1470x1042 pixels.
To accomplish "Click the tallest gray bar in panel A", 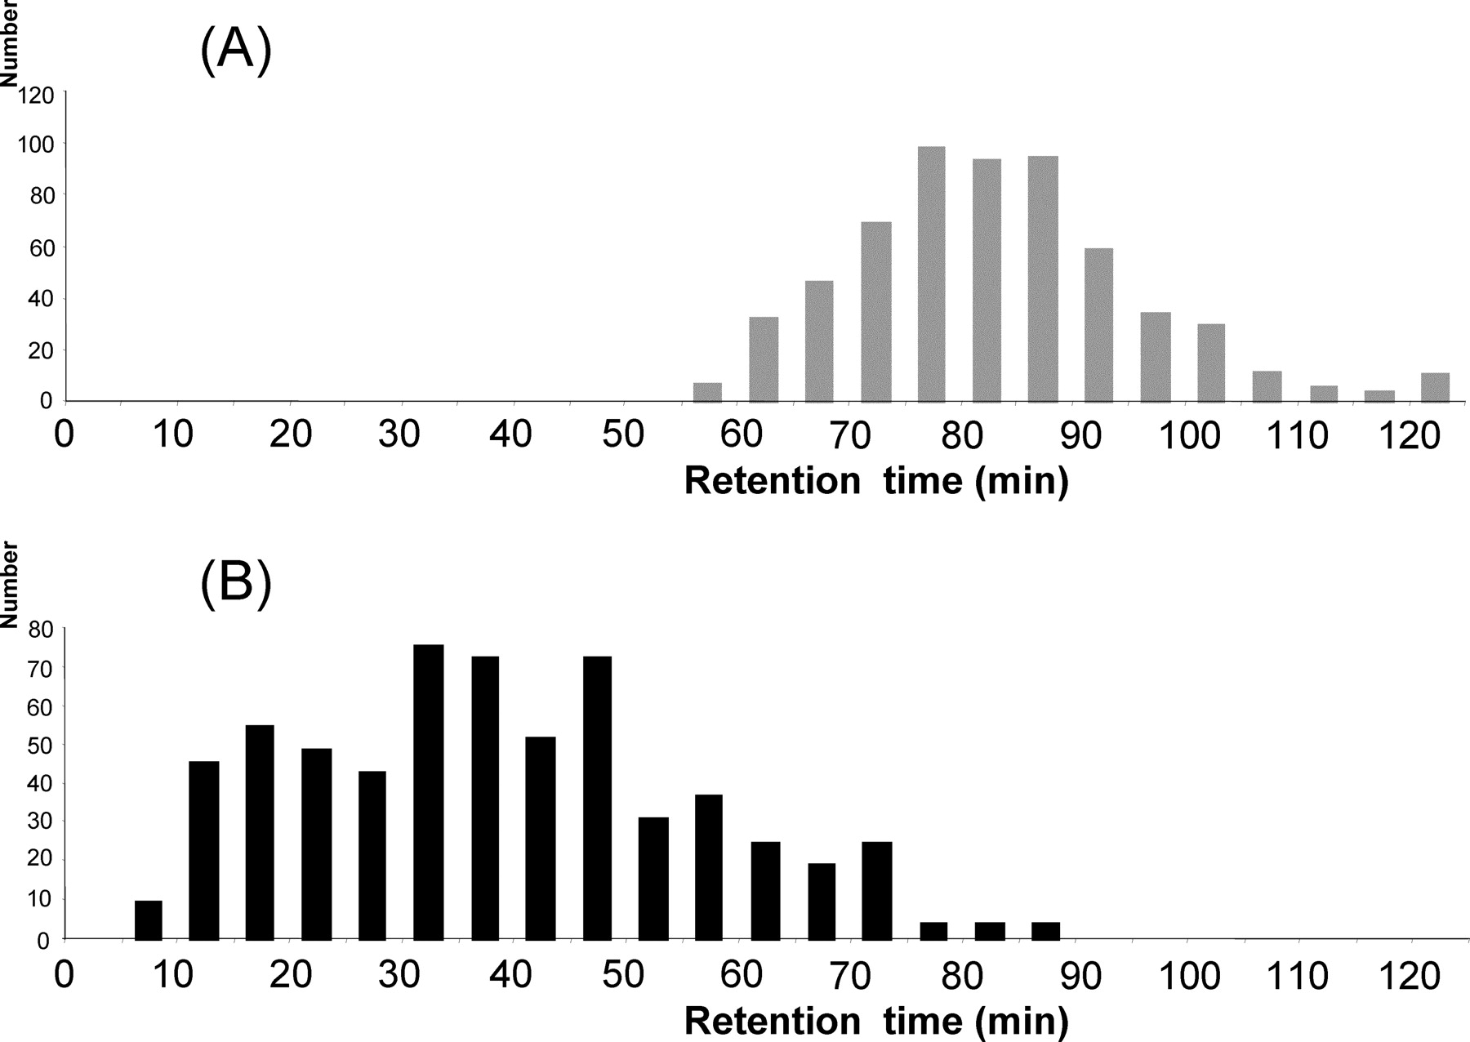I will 931,274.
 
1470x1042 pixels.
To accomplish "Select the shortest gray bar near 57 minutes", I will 707,392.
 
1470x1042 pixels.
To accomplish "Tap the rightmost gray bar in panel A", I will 1435,387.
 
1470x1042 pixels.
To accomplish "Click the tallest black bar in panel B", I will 429,792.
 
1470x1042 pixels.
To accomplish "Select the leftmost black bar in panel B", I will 149,920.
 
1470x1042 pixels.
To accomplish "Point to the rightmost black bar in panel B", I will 1045,931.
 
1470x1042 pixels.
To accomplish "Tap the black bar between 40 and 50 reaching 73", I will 598,797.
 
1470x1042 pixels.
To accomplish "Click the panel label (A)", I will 235,51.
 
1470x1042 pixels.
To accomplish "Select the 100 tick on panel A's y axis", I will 36,145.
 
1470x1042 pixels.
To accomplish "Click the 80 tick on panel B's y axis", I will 40,630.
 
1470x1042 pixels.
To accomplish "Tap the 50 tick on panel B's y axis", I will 40,746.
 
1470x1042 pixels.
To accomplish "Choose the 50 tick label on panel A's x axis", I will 623,434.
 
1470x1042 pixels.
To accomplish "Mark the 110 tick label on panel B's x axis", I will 1297,976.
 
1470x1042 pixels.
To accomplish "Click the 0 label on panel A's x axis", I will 64,434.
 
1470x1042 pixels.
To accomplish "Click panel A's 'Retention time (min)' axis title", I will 875,480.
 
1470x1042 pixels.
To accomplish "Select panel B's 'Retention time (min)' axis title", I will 875,1021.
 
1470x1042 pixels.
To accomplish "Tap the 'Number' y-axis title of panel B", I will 10,585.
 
